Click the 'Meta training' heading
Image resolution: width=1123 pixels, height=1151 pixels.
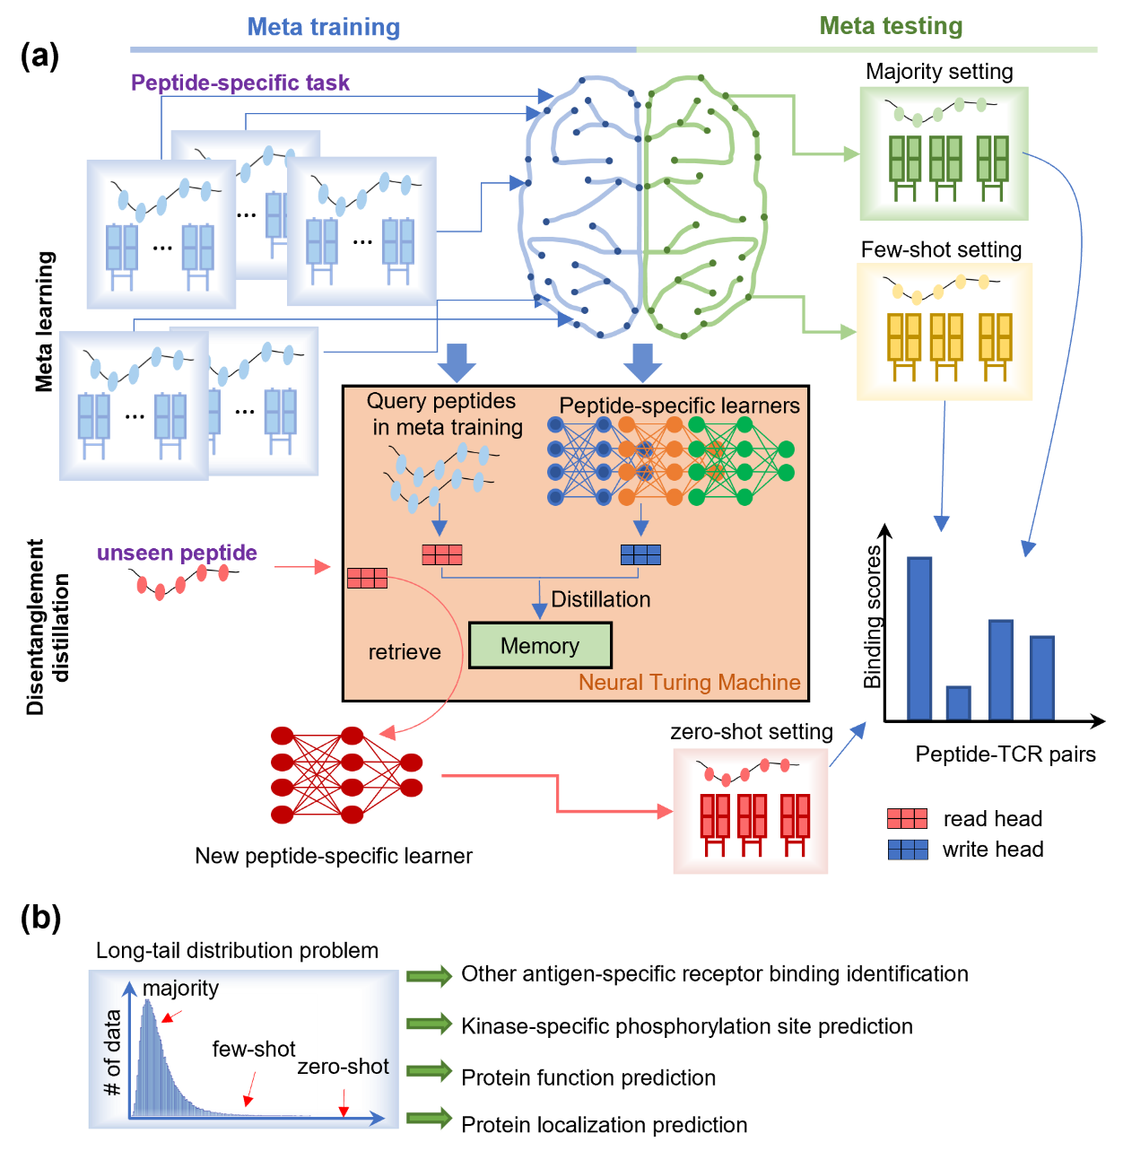click(x=324, y=28)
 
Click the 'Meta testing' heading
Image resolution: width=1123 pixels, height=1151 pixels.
click(x=891, y=26)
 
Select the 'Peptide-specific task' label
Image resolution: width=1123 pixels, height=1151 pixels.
click(x=239, y=83)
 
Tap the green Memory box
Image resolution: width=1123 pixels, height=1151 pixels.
click(x=540, y=645)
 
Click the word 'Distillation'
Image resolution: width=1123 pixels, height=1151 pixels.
click(x=600, y=599)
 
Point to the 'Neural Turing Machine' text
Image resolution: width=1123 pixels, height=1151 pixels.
click(x=689, y=683)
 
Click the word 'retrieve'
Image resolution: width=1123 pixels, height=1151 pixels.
click(x=405, y=652)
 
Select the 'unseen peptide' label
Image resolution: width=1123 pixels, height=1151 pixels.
click(x=177, y=554)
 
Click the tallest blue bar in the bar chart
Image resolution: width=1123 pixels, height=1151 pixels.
click(x=919, y=638)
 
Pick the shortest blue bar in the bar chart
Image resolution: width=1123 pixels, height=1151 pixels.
click(x=958, y=702)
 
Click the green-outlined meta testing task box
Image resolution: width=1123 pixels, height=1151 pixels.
click(x=944, y=153)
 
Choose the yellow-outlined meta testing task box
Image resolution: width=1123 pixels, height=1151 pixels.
click(x=945, y=332)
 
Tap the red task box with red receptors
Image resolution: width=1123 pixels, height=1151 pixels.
click(x=750, y=811)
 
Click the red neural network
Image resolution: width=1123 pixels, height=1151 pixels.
click(x=346, y=775)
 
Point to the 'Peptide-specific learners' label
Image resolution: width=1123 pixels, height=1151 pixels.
click(x=679, y=405)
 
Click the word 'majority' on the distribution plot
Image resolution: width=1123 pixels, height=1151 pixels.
click(x=180, y=988)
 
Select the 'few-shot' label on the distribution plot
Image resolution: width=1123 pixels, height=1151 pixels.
click(x=254, y=1049)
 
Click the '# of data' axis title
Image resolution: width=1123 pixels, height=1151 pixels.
click(x=112, y=1052)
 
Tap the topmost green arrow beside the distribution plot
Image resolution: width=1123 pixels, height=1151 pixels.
click(x=430, y=976)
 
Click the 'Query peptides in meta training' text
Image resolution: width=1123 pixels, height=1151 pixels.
click(x=446, y=414)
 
